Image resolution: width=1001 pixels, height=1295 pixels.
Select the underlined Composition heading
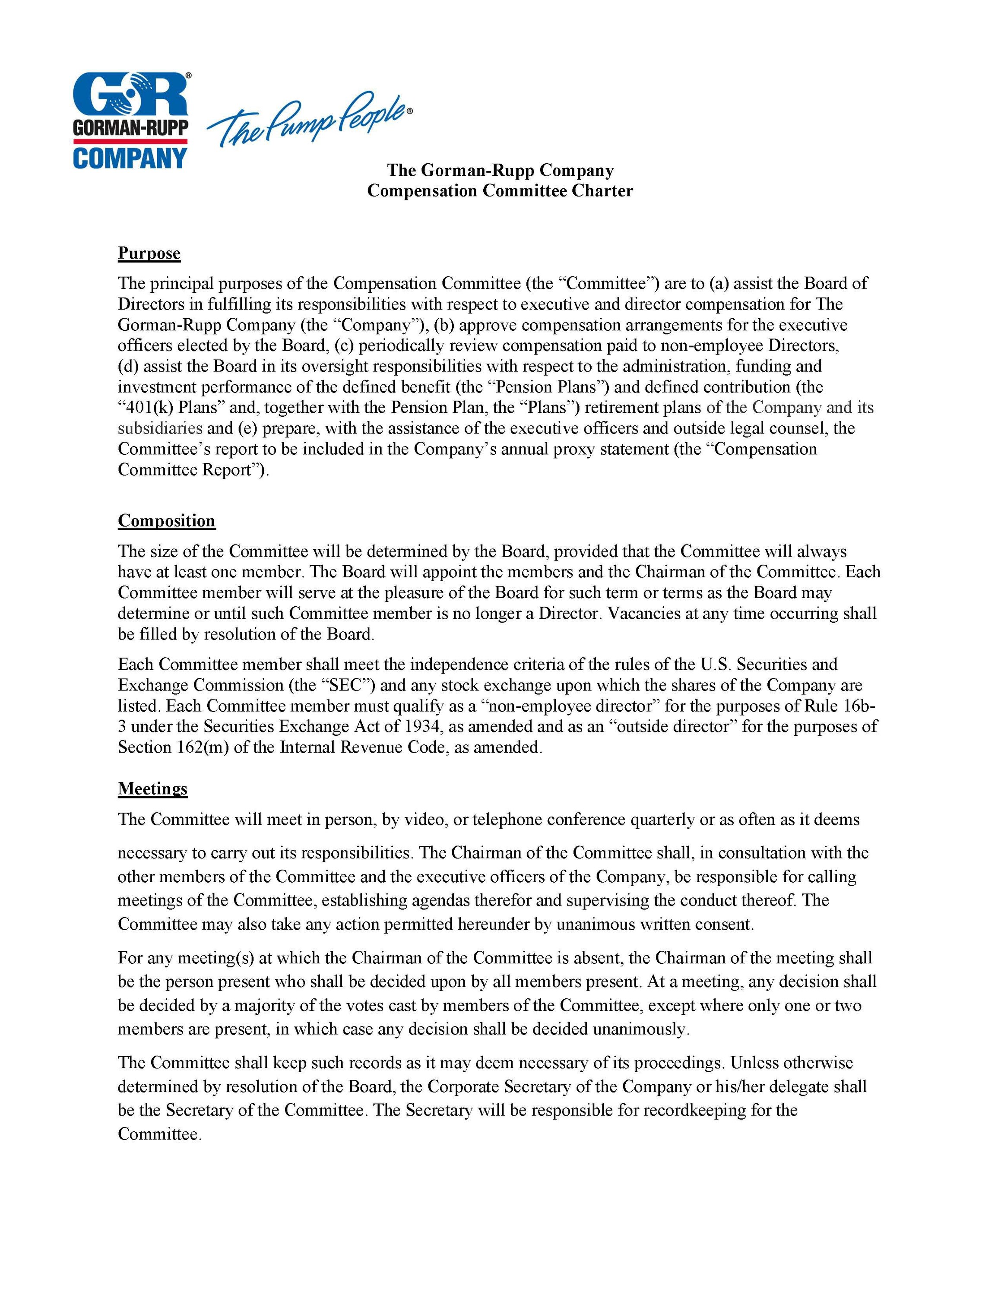coord(166,521)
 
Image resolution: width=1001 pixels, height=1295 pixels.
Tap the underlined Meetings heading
coord(152,788)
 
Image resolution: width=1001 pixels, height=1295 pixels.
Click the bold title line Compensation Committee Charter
coord(500,190)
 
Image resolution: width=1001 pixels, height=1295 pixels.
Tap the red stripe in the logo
coord(130,142)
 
